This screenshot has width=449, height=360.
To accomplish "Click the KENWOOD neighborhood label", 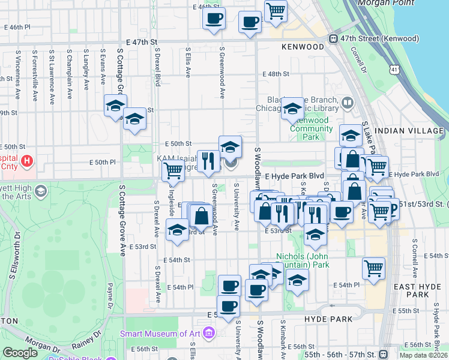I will [x=303, y=46].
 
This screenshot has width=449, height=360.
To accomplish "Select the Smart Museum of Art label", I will [x=161, y=333].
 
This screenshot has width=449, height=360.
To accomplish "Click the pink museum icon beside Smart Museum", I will [x=208, y=332].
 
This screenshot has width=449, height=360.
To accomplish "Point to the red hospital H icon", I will [x=26, y=161].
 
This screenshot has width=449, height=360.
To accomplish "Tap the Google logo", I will [x=20, y=353].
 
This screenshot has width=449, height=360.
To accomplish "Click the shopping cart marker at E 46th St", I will [x=276, y=10].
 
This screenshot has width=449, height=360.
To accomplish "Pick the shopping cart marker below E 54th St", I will [x=373, y=268].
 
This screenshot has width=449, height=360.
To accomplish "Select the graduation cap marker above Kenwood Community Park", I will [x=292, y=107].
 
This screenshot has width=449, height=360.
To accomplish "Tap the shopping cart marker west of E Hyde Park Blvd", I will [x=173, y=170].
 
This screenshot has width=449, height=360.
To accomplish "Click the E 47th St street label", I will [x=142, y=42].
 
